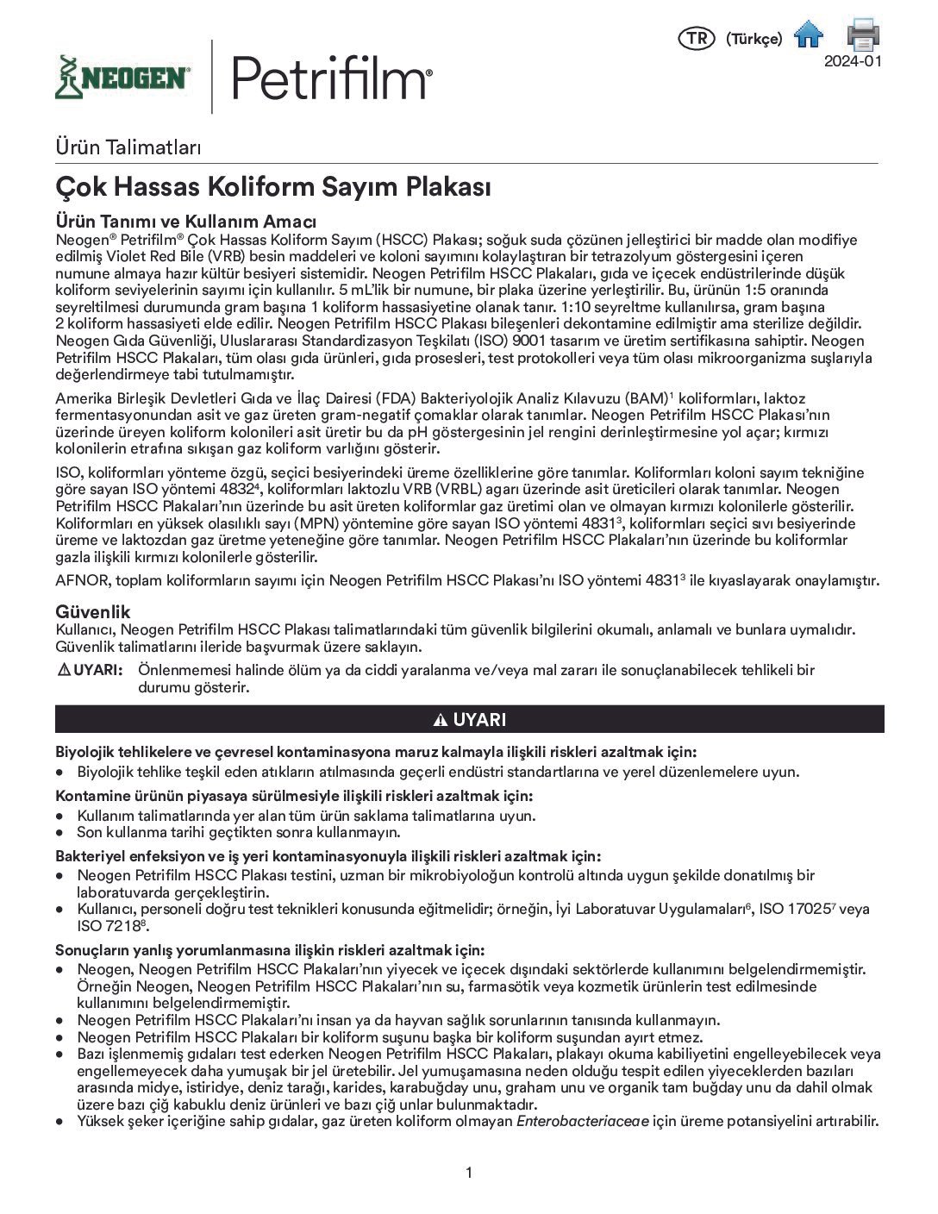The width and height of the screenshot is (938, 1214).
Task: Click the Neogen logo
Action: click(x=122, y=78)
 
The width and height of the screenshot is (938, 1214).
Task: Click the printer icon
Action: click(x=862, y=34)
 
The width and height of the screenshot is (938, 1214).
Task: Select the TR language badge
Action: click(x=697, y=39)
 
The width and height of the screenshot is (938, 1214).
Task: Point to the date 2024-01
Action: click(x=853, y=61)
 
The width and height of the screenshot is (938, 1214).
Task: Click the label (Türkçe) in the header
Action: click(x=754, y=39)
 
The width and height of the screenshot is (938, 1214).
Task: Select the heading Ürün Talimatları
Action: click(x=128, y=147)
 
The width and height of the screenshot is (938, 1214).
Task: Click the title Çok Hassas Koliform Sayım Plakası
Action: click(x=273, y=186)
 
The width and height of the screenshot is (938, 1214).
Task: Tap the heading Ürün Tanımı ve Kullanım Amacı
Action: click(x=185, y=222)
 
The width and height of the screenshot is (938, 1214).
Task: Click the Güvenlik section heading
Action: click(x=93, y=611)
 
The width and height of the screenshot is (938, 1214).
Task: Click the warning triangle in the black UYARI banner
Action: click(x=440, y=720)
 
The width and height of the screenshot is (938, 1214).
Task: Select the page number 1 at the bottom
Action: click(x=469, y=1172)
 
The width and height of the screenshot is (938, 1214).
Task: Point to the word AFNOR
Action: click(x=81, y=580)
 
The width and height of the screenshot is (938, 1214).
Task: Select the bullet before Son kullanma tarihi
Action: click(x=59, y=833)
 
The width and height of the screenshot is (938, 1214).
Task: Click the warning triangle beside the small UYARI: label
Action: click(x=63, y=670)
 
